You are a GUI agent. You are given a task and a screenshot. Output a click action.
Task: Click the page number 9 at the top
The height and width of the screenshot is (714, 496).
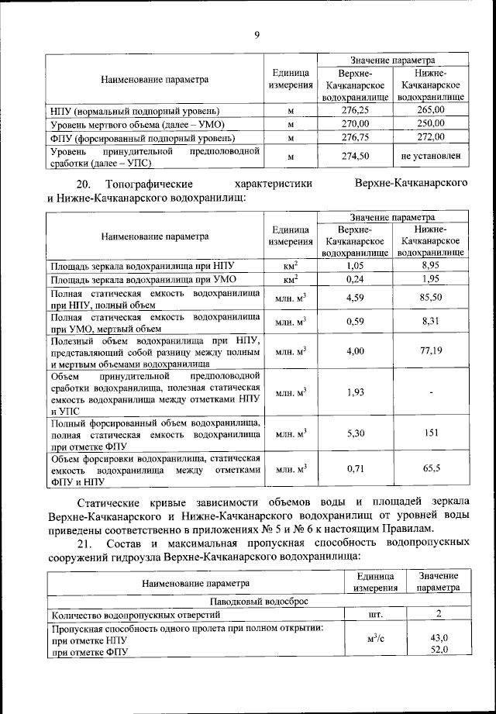[257, 33]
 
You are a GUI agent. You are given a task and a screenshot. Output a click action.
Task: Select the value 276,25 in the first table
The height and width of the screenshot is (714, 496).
[356, 111]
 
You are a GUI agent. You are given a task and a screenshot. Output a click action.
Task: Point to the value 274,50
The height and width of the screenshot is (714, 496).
[356, 156]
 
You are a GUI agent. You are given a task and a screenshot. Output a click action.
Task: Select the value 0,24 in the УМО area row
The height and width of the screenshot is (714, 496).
[356, 278]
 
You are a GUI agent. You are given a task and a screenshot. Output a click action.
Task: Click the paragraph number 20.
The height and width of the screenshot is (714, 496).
[83, 184]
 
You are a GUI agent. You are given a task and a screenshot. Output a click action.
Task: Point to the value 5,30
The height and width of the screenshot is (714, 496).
[356, 433]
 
